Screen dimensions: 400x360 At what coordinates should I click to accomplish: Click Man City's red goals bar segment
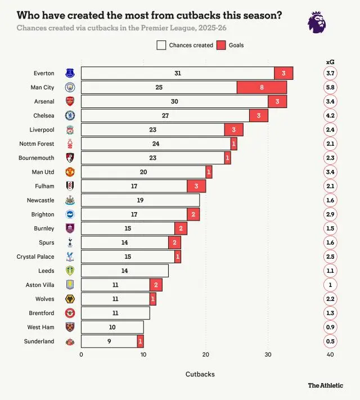coord(262,87)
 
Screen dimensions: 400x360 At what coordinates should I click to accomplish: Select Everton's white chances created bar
coord(177,73)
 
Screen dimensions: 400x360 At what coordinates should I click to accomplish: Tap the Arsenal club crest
coord(70,101)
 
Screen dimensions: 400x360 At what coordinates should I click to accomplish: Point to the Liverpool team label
coord(43,130)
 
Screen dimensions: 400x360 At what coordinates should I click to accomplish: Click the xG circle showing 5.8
coord(330,87)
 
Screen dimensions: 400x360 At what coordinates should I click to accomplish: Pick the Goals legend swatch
coord(221,45)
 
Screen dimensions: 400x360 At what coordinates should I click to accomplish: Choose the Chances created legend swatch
coord(161,45)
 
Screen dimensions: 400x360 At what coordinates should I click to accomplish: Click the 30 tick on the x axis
coord(268,354)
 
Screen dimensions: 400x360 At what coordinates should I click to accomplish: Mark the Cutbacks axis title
coord(200,374)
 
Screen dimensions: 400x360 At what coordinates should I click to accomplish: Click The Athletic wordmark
coord(325,385)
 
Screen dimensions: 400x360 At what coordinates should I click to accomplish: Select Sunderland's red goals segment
coord(140,341)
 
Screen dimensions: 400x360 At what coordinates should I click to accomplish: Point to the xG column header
coord(330,61)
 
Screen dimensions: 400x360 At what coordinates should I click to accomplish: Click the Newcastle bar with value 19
coord(140,200)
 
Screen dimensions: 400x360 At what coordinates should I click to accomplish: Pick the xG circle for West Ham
coord(330,327)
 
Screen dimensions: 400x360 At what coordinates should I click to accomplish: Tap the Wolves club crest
coord(70,299)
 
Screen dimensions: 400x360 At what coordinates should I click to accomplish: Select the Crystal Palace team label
coord(35,257)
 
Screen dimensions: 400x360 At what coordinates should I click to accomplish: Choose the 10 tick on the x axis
coord(143,354)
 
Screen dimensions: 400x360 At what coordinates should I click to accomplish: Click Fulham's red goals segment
coord(196,186)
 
